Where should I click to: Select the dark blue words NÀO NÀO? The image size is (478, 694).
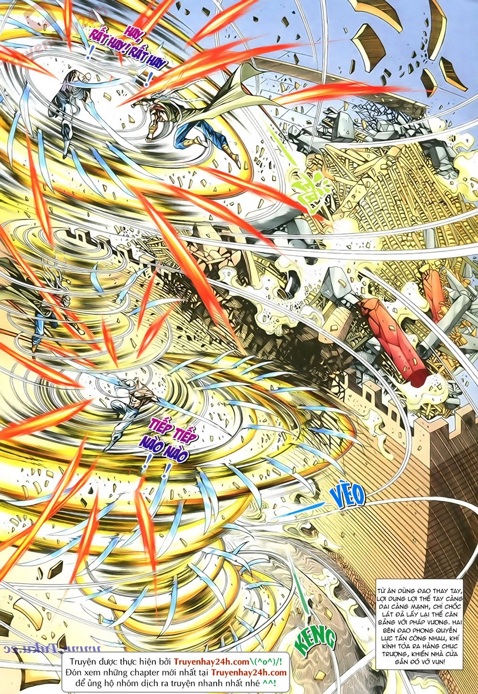[x=162, y=452]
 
